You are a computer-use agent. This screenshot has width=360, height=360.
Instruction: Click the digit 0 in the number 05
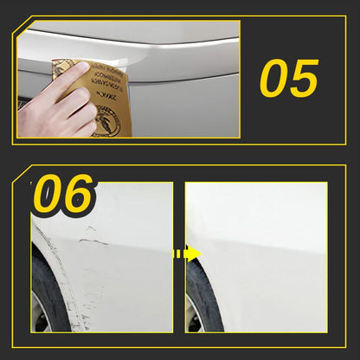[276, 78]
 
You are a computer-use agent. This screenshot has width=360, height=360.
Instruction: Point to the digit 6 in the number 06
[78, 196]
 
